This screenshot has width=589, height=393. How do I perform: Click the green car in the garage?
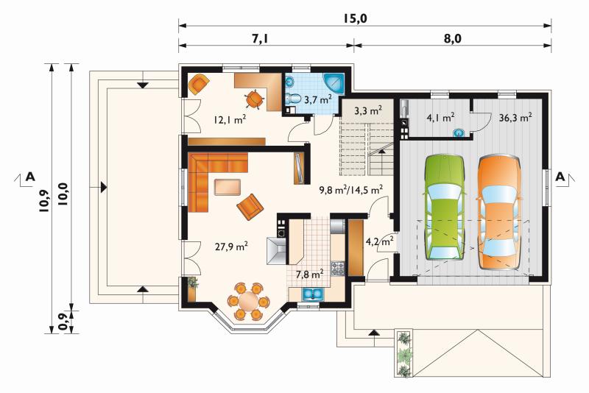pos(445,208)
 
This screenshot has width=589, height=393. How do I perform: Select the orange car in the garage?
pos(499,212)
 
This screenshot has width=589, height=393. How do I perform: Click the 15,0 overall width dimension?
pos(354,18)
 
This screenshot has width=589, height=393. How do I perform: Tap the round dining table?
pos(248,301)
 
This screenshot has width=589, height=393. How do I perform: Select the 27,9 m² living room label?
pos(231,247)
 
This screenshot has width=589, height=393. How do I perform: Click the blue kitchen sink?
pos(311,294)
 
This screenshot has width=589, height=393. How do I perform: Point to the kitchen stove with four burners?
pos(337,269)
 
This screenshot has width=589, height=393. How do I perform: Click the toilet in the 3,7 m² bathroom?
pos(292,99)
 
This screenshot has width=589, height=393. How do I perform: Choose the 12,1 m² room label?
pos(230,120)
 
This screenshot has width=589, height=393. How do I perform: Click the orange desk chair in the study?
pos(254,99)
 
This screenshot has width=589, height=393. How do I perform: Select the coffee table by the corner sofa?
pos(228,187)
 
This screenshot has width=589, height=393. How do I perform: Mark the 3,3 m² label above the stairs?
pos(367,110)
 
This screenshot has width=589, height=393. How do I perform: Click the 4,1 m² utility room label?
pos(440,118)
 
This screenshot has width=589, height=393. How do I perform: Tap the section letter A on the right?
pos(560,177)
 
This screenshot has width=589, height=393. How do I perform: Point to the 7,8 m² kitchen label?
pos(309,274)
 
